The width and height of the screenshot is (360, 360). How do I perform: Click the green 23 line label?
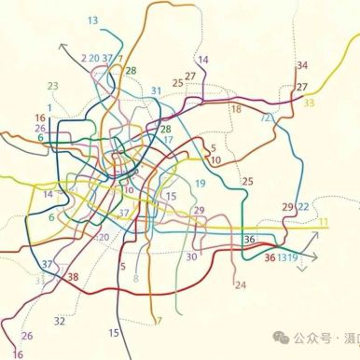(x=52, y=87)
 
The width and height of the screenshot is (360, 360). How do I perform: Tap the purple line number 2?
(x=84, y=59)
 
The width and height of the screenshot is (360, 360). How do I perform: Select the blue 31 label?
(x=156, y=90)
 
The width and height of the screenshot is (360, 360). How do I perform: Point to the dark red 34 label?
(x=301, y=65)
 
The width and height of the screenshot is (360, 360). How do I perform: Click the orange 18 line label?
(x=235, y=109)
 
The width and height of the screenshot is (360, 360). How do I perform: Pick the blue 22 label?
(x=303, y=206)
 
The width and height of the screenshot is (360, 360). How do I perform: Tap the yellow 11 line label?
(x=324, y=222)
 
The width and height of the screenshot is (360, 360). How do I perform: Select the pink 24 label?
(x=240, y=284)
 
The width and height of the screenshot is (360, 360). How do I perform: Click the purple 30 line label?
(x=192, y=256)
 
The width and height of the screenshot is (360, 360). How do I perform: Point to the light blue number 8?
(x=136, y=278)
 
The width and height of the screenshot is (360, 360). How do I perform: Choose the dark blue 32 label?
(x=59, y=321)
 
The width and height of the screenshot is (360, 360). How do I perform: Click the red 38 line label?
(x=73, y=277)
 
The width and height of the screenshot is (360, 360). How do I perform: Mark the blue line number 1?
(x=48, y=108)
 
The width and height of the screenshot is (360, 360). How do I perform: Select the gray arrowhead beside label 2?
(x=63, y=44)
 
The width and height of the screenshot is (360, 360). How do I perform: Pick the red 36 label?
(x=270, y=257)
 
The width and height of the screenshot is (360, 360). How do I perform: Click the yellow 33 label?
(x=309, y=103)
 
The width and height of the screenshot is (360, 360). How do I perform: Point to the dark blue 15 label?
(x=114, y=333)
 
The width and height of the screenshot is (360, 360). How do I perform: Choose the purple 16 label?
(x=18, y=354)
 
